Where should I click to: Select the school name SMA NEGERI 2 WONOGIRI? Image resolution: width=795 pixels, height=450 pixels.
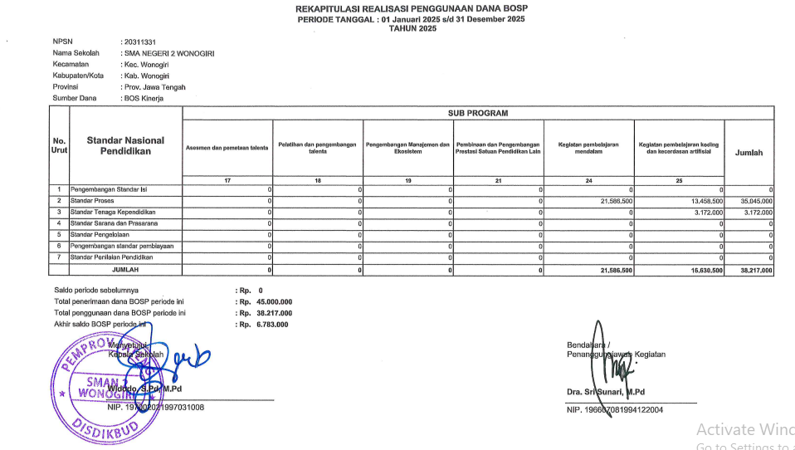[169, 53]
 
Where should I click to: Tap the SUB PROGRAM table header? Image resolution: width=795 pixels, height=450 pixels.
[477, 113]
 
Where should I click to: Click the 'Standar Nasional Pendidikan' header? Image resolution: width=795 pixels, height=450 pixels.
[125, 146]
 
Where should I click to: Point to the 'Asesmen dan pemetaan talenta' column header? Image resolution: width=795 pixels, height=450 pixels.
[227, 148]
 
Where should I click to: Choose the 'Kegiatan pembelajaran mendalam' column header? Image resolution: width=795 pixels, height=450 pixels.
[589, 148]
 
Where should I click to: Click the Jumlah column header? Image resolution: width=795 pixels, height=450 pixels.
[749, 153]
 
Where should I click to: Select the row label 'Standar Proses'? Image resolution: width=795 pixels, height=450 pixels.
[92, 201]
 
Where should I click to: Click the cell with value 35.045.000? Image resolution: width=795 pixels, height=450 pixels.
[755, 201]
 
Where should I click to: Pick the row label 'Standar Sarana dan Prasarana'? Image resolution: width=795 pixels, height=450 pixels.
[114, 223]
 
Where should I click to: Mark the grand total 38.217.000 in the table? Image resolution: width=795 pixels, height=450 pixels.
[755, 270]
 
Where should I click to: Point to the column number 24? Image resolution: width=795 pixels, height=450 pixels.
[589, 180]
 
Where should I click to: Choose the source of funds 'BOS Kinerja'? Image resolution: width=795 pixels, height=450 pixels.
[143, 98]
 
